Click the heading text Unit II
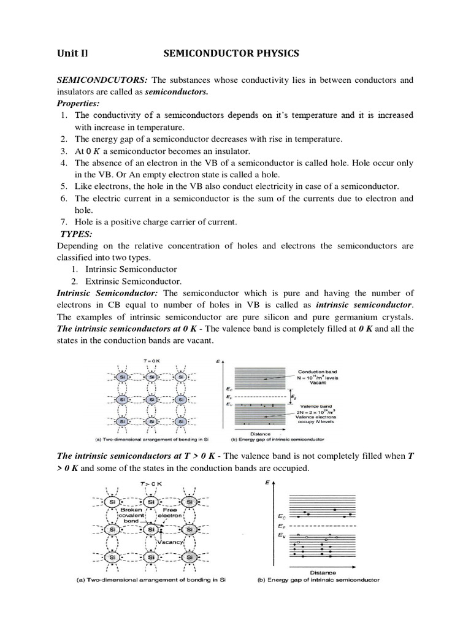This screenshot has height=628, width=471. pos(73,55)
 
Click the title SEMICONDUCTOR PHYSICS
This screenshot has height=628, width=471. pos(231,55)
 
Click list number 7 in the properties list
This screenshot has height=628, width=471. pos(64,221)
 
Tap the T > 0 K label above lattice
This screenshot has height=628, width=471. pos(151,484)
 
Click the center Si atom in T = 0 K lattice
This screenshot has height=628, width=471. pos(151,399)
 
